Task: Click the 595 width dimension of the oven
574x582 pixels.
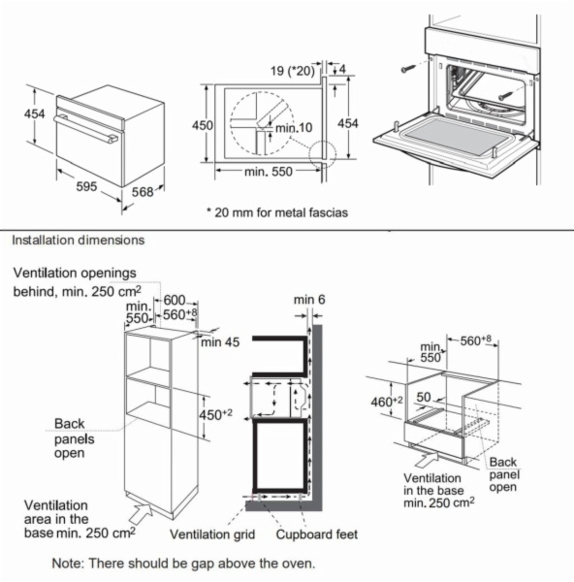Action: click(86, 186)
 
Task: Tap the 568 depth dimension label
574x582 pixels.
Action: click(143, 192)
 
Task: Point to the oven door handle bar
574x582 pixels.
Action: click(85, 128)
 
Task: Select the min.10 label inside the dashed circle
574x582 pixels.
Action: click(294, 128)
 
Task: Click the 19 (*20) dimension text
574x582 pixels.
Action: click(292, 71)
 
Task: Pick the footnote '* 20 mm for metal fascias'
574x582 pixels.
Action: click(277, 212)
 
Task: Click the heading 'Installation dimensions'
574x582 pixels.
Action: click(79, 241)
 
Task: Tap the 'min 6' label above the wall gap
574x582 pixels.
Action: click(309, 300)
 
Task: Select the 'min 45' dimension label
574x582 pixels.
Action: click(220, 341)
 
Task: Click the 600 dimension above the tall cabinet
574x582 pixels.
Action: click(175, 300)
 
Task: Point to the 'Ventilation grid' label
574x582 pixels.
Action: click(212, 534)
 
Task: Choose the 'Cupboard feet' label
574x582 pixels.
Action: click(317, 534)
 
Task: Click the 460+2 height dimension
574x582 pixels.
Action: click(387, 401)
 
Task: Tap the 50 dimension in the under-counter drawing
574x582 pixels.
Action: click(424, 397)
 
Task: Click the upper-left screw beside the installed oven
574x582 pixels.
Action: click(407, 69)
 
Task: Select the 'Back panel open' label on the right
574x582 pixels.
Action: click(504, 474)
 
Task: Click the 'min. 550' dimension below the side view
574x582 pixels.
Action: click(269, 172)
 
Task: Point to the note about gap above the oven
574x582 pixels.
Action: click(183, 563)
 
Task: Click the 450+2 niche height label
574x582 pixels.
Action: click(215, 414)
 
